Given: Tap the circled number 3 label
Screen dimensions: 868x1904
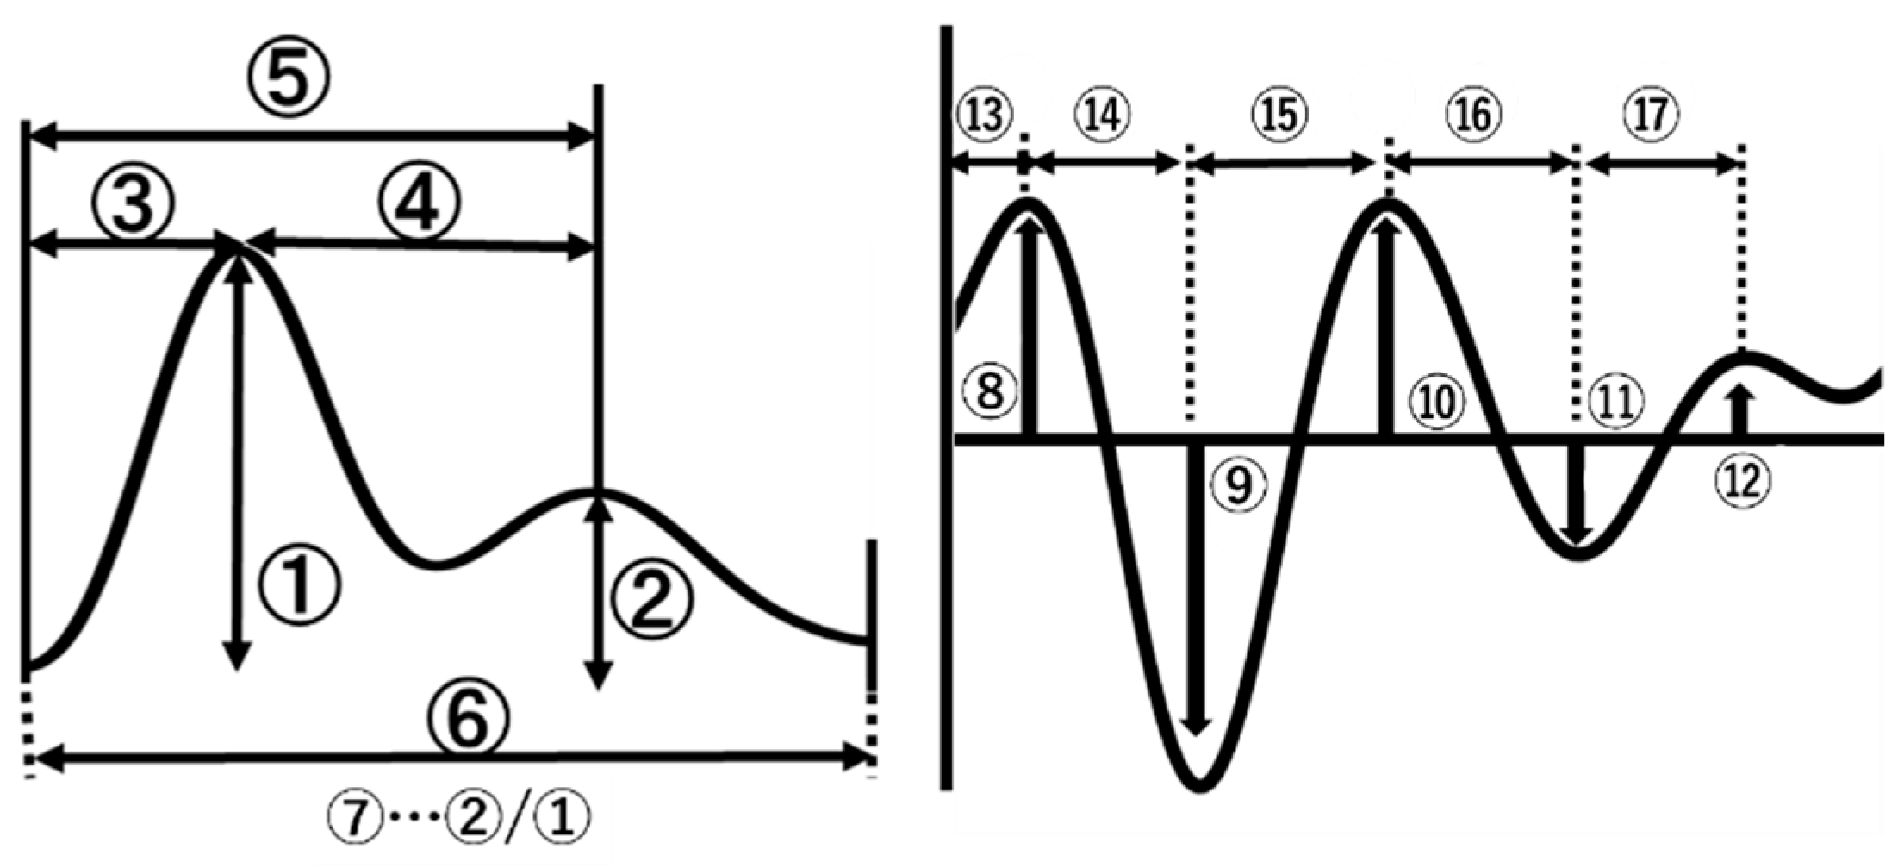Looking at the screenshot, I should coord(133,204).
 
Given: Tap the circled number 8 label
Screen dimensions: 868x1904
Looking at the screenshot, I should coord(991,391).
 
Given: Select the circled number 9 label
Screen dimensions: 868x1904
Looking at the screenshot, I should coord(1239,485).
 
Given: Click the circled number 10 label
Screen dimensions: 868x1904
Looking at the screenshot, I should coord(1437,402).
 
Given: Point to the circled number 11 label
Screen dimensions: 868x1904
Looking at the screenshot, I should coord(1615,401).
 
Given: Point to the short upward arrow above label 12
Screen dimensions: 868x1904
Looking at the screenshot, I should coord(1742,409).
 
